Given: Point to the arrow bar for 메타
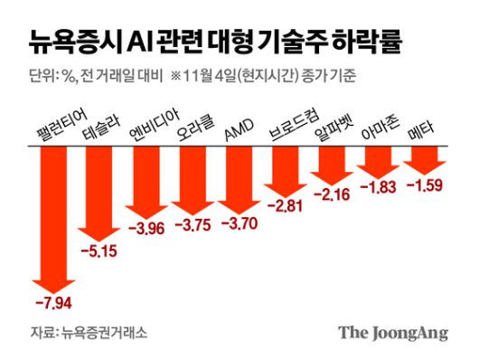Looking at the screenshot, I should click(424, 159).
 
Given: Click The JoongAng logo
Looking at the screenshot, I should click(393, 333).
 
